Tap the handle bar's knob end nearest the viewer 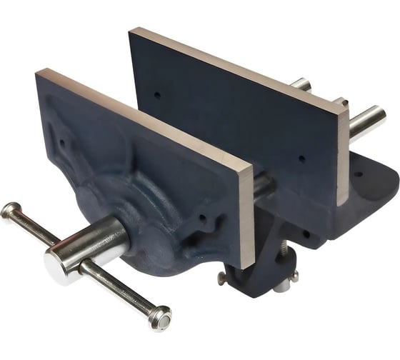pos(159,317)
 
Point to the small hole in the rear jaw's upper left pos(157,93)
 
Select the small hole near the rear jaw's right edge pos(301,159)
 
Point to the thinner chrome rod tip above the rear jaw pos(300,84)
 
